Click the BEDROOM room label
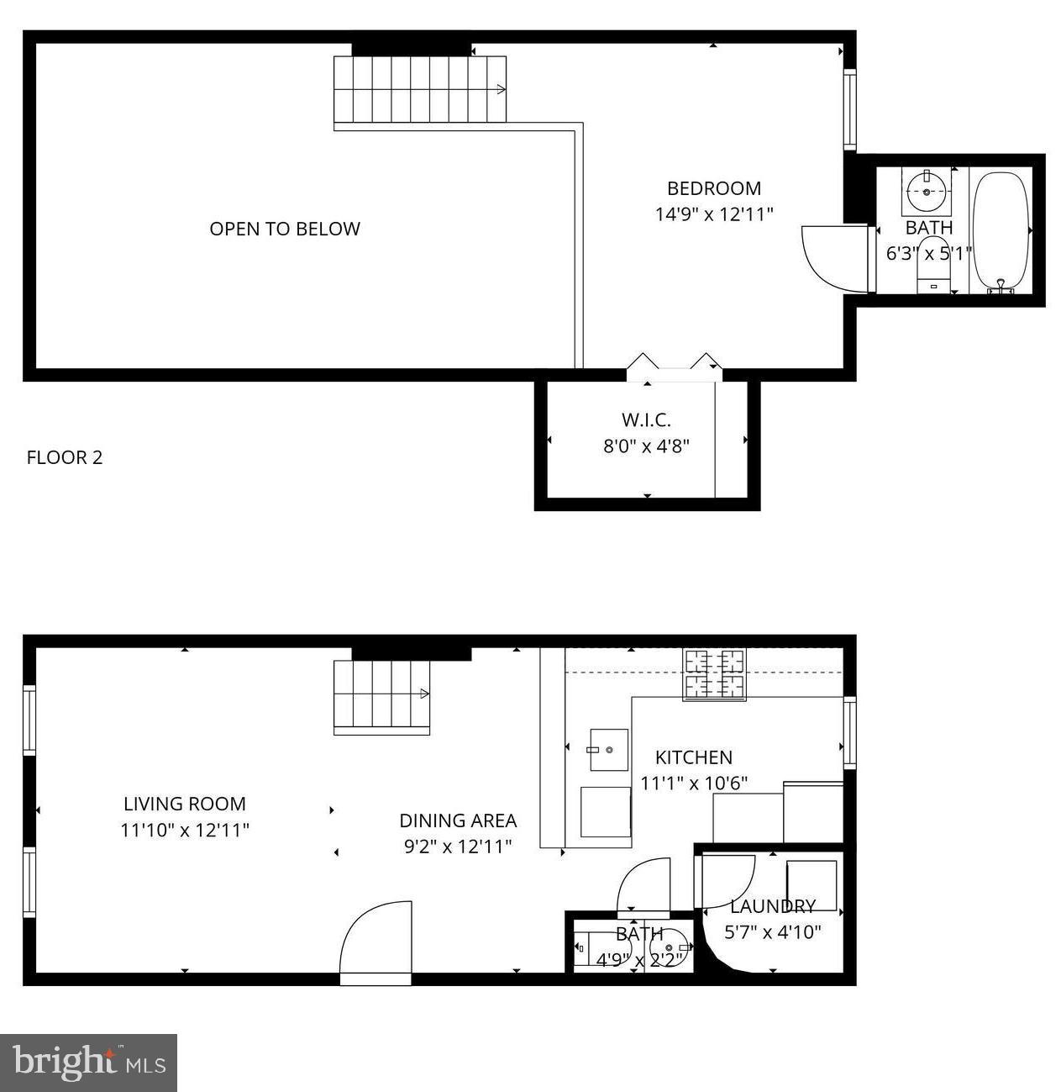pyautogui.click(x=713, y=188)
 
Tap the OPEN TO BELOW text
pyautogui.click(x=285, y=229)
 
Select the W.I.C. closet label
pyautogui.click(x=646, y=419)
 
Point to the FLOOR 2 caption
pyautogui.click(x=65, y=457)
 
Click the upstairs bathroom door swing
pyautogui.click(x=832, y=257)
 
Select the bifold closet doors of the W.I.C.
pyautogui.click(x=675, y=364)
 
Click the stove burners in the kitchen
pyautogui.click(x=715, y=674)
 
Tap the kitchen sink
pyautogui.click(x=607, y=749)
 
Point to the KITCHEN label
pyautogui.click(x=693, y=757)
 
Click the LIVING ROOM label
pyautogui.click(x=185, y=804)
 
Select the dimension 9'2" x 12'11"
pyautogui.click(x=458, y=847)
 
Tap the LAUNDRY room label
pyautogui.click(x=772, y=906)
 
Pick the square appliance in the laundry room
pyautogui.click(x=812, y=884)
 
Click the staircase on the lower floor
pyautogui.click(x=382, y=697)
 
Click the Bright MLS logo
pyautogui.click(x=88, y=1063)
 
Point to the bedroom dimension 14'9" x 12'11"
pyautogui.click(x=713, y=214)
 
